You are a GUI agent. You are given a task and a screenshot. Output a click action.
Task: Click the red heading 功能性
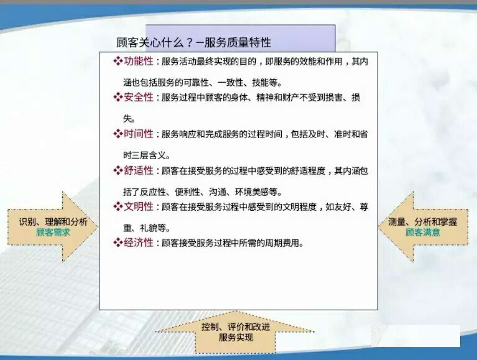click(139, 61)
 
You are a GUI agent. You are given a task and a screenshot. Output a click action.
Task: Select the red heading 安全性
click(139, 97)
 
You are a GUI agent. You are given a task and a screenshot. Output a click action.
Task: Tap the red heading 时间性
click(139, 134)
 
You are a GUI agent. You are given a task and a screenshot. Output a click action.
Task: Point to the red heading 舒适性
click(139, 170)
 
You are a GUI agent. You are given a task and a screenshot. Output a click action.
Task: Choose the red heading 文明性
click(139, 207)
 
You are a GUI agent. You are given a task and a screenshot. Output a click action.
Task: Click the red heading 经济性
click(139, 243)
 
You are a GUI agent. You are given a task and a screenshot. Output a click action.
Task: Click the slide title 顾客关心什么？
click(155, 42)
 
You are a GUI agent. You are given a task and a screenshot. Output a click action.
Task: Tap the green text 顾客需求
click(53, 232)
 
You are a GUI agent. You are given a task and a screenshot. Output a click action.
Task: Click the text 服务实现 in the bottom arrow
click(236, 338)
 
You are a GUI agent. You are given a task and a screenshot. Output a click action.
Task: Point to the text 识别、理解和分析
click(53, 222)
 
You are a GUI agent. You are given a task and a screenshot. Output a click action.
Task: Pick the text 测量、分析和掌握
click(423, 222)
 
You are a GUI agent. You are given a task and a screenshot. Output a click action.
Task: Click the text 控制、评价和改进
click(236, 327)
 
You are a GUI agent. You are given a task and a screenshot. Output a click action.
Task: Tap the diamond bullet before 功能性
click(118, 61)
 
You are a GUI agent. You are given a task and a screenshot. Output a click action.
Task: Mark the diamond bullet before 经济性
click(118, 243)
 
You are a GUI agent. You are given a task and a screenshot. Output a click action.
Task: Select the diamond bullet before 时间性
click(118, 134)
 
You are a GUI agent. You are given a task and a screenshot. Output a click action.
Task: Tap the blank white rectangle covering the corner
click(416, 336)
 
